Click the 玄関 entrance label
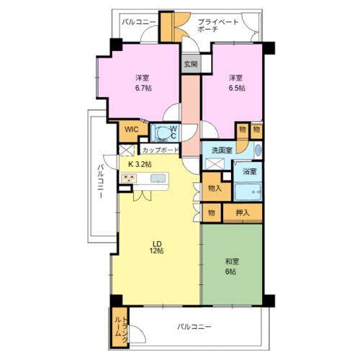click(x=191, y=64)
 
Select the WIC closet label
click(x=131, y=130)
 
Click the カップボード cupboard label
click(x=161, y=150)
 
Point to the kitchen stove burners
click(x=129, y=179)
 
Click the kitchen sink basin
click(x=158, y=179)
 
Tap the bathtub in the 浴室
click(x=248, y=192)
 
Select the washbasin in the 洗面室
click(x=258, y=150)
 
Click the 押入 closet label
click(x=243, y=212)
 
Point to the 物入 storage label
click(x=215, y=189)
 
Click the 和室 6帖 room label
click(x=232, y=266)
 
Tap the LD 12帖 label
click(x=157, y=247)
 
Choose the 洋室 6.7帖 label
click(x=143, y=83)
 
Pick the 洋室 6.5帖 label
click(x=237, y=83)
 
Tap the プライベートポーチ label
click(x=218, y=26)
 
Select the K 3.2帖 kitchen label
click(x=140, y=164)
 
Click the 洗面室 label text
click(x=222, y=150)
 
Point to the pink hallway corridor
click(x=191, y=115)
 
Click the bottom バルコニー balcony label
click(x=194, y=327)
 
